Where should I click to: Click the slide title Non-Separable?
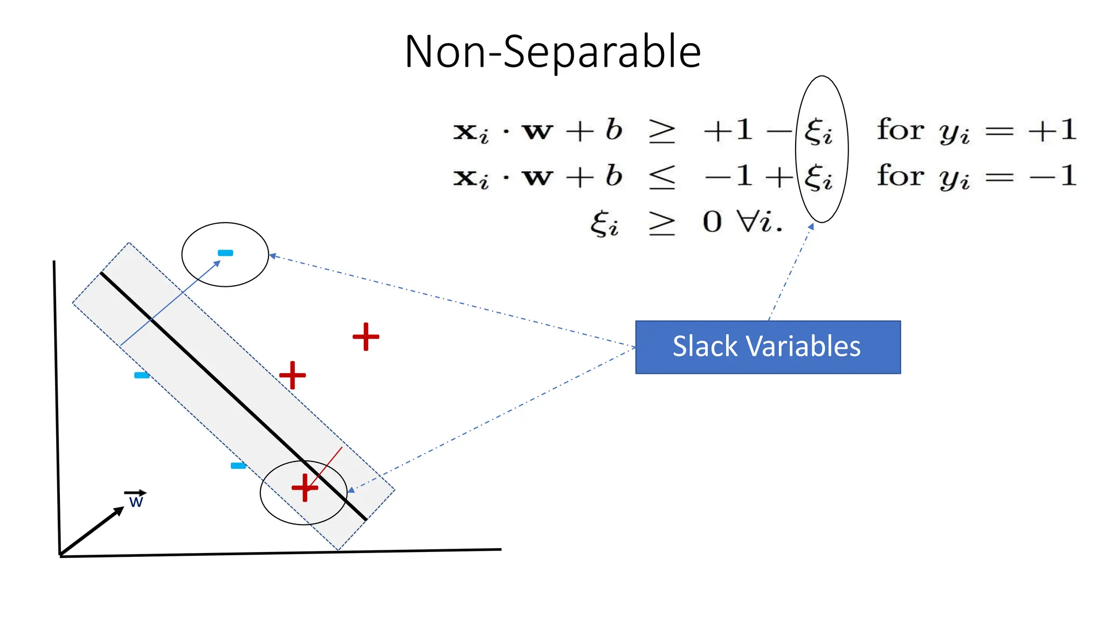(553, 52)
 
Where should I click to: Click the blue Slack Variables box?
(768, 347)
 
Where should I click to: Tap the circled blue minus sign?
(225, 253)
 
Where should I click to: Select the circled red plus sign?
(305, 487)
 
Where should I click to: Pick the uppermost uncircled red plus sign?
(366, 336)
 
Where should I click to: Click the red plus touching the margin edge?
(293, 375)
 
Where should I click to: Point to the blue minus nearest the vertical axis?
(142, 375)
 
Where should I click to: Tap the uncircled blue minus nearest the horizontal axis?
(238, 466)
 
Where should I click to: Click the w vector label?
(136, 502)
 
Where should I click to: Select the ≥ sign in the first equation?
(662, 132)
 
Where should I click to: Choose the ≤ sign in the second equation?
(662, 177)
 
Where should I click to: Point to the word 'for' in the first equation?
(900, 130)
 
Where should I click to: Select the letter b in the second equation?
(613, 176)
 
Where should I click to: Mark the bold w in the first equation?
(537, 132)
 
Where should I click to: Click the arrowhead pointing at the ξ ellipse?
(811, 227)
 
